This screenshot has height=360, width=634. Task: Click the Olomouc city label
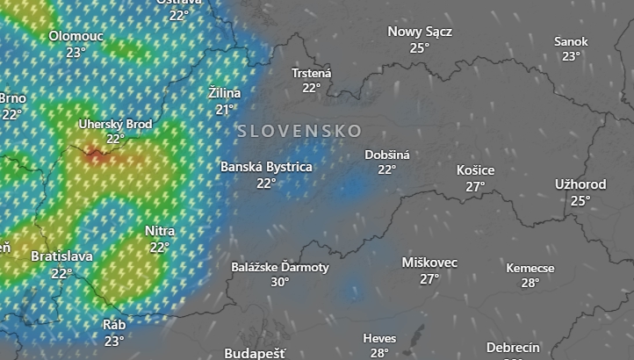pyautogui.click(x=76, y=36)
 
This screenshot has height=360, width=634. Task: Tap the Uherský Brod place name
pyautogui.click(x=115, y=124)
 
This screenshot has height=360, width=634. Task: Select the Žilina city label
pyautogui.click(x=225, y=92)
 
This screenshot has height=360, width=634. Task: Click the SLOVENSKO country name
pyautogui.click(x=299, y=131)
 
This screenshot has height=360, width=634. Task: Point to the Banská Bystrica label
pyautogui.click(x=266, y=166)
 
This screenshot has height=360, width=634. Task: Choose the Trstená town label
pyautogui.click(x=312, y=73)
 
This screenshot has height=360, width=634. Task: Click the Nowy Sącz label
pyautogui.click(x=420, y=32)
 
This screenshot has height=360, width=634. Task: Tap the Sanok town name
pyautogui.click(x=571, y=41)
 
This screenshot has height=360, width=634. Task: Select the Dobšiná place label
pyautogui.click(x=387, y=155)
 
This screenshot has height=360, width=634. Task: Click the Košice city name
pyautogui.click(x=476, y=170)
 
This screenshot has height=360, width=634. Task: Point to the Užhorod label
pyautogui.click(x=580, y=184)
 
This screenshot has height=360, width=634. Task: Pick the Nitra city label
pyautogui.click(x=159, y=231)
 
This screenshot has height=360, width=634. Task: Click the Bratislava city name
pyautogui.click(x=61, y=256)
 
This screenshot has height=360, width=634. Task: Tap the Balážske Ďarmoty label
pyautogui.click(x=280, y=266)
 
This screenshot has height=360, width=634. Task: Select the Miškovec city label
pyautogui.click(x=429, y=263)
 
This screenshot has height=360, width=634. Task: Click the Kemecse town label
pyautogui.click(x=530, y=268)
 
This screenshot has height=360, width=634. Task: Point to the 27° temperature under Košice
pyautogui.click(x=476, y=186)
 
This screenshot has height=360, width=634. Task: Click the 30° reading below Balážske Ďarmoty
pyautogui.click(x=280, y=282)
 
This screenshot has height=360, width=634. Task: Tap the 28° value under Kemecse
pyautogui.click(x=530, y=283)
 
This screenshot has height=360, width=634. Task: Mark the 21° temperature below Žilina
pyautogui.click(x=226, y=109)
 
